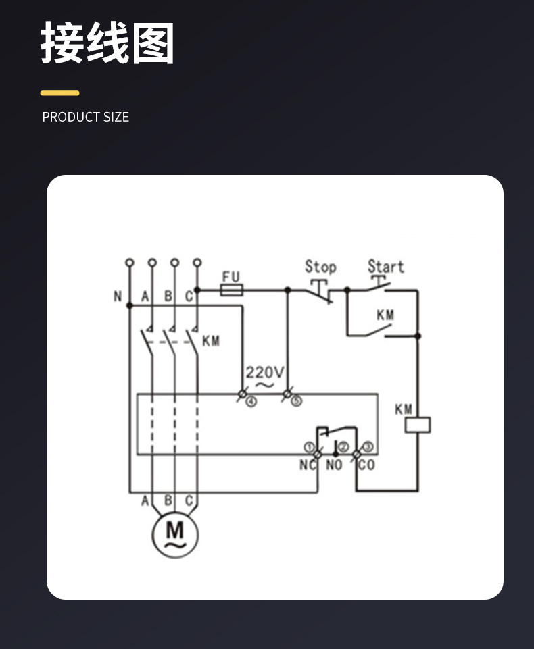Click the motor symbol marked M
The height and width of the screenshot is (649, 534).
(175, 534)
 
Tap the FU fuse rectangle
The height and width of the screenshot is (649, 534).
(231, 290)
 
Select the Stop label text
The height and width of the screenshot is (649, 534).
(320, 267)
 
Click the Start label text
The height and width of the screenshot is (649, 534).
(386, 267)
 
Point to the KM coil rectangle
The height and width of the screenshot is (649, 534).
(418, 425)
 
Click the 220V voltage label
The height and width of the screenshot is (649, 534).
(265, 372)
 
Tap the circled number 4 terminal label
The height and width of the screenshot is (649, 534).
(251, 401)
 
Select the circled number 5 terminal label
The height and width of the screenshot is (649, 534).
(296, 401)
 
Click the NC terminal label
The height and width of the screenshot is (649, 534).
(308, 465)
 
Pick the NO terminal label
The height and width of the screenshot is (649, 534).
(334, 465)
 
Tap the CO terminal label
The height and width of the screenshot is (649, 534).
(366, 465)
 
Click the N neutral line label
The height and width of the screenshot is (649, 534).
(118, 296)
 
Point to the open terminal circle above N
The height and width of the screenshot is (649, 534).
(130, 263)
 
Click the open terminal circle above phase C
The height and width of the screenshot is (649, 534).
(197, 263)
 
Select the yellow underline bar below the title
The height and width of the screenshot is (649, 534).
(59, 93)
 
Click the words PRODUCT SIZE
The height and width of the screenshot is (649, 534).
(86, 117)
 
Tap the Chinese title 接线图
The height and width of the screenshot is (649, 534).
(107, 43)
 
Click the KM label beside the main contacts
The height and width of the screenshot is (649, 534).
(211, 341)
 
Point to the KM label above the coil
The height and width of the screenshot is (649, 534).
(403, 409)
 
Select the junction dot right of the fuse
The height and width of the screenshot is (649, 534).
(287, 290)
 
